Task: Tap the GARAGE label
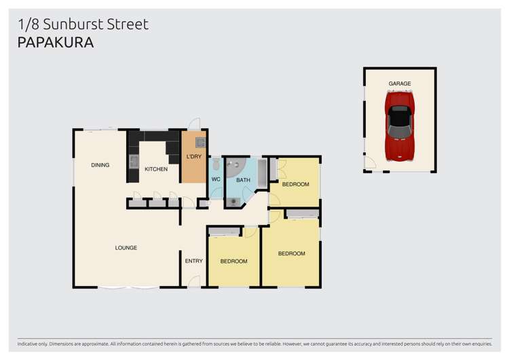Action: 400,84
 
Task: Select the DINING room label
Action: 100,165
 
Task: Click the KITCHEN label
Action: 155,169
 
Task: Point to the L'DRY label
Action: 193,157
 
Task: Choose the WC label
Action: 216,179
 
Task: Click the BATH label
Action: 243,180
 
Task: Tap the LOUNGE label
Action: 126,248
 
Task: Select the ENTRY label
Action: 193,261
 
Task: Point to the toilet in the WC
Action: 216,164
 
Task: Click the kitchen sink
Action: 134,162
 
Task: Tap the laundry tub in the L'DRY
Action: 200,143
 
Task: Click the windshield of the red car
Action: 400,112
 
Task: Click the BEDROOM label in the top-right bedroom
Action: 295,184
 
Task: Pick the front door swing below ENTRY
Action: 194,281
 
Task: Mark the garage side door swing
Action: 370,163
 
